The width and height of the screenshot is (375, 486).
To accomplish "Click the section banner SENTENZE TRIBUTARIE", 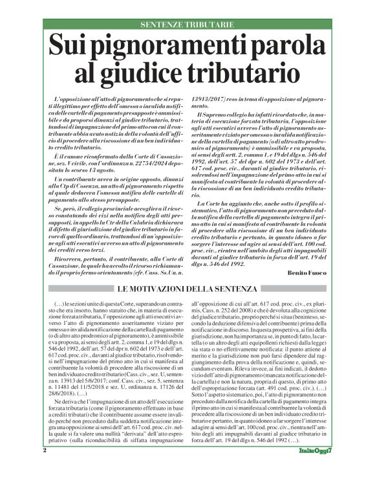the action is coord(187,25).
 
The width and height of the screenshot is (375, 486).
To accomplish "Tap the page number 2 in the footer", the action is coord(45,468).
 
